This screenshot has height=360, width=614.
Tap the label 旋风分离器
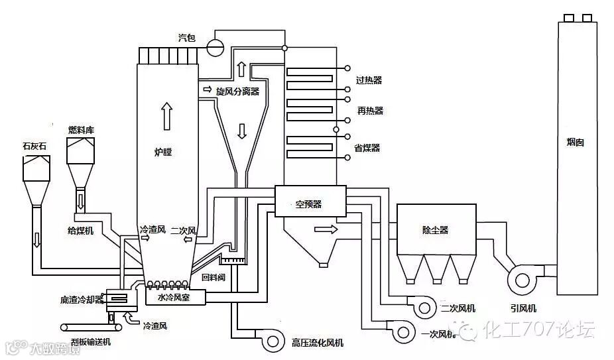(x=237, y=90)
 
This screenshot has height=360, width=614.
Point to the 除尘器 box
(x=436, y=229)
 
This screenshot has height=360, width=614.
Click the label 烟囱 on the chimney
(x=575, y=142)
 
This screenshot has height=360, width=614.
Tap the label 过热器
(x=369, y=80)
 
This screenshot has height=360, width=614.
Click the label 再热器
(x=369, y=111)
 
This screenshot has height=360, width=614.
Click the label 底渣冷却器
(x=82, y=300)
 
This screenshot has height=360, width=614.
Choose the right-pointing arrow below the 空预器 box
(x=324, y=229)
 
